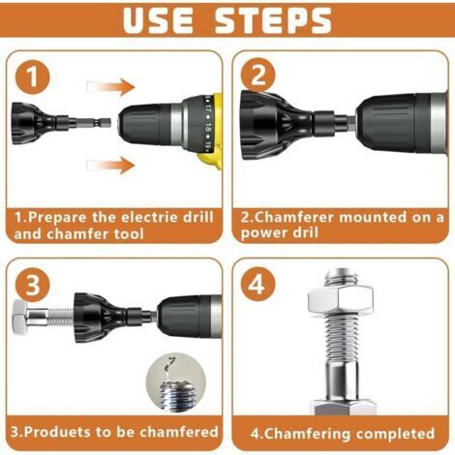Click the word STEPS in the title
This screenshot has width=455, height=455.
click(x=273, y=20)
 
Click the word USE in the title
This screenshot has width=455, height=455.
click(x=159, y=20)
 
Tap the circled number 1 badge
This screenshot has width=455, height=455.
click(x=33, y=76)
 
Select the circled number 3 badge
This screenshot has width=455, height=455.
click(x=33, y=285)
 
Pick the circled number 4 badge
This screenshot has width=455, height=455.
click(x=258, y=285)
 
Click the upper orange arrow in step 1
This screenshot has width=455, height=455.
click(x=110, y=87)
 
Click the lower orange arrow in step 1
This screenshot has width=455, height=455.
click(x=110, y=165)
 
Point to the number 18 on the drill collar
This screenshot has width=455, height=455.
click(x=209, y=128)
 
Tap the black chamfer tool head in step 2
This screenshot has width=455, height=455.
click(x=273, y=124)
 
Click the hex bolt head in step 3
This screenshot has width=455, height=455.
click(x=20, y=318)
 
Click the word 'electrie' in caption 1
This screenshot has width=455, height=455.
click(x=149, y=217)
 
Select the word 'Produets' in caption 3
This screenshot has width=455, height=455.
click(x=57, y=431)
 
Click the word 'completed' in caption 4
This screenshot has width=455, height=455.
click(x=395, y=434)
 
